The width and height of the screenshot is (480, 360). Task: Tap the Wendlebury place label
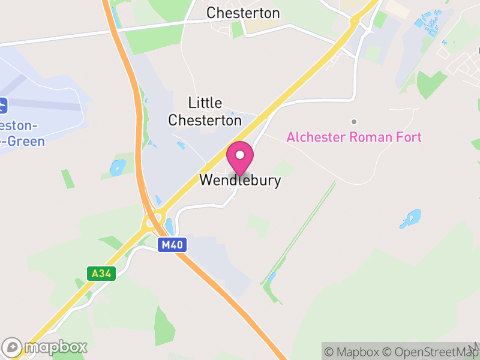click(240, 180)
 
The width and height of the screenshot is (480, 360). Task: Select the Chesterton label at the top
click(243, 13)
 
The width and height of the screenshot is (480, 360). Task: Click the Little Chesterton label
click(205, 112)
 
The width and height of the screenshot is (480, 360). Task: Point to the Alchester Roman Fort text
click(354, 137)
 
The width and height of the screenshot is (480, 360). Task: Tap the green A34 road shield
click(100, 274)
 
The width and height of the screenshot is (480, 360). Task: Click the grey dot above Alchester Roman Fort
click(354, 122)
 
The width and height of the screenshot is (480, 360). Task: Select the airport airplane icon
click(3, 106)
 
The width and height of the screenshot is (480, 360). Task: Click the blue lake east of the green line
click(411, 218)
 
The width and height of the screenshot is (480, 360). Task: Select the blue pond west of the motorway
click(118, 167)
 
